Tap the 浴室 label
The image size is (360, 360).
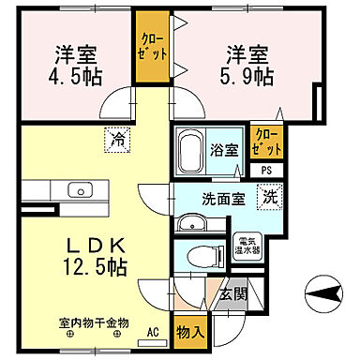(x=226, y=150)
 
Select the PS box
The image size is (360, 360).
(x=266, y=170)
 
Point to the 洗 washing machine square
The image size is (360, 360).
(x=269, y=198)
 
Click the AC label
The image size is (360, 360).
(x=153, y=331)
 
